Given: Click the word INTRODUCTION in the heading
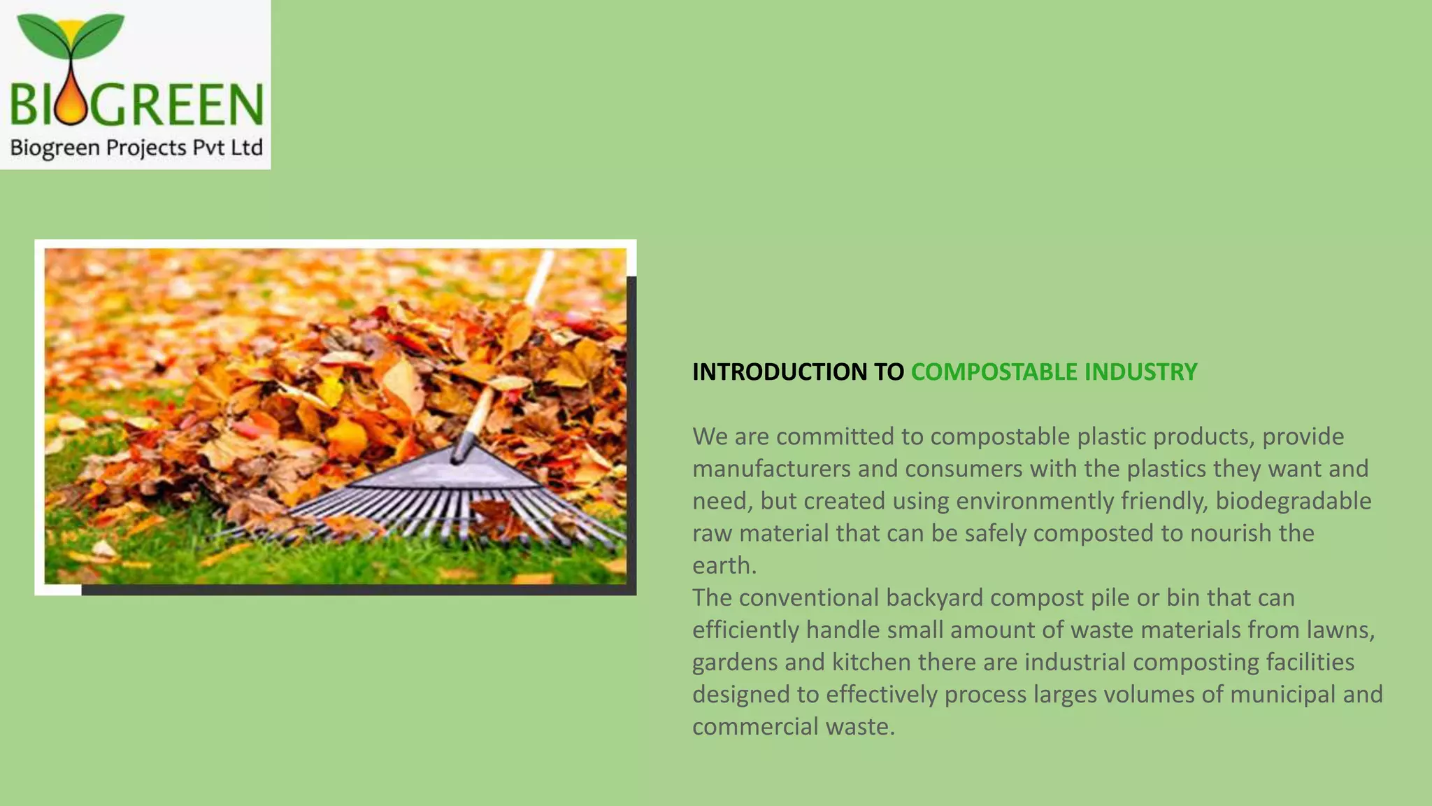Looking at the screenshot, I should (x=779, y=372).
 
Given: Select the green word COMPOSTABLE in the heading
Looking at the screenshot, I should (x=994, y=372).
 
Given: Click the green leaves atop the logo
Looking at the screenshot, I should (x=70, y=35).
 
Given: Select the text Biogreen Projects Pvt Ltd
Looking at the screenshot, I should (x=136, y=148).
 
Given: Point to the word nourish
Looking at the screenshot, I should (x=1231, y=533).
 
